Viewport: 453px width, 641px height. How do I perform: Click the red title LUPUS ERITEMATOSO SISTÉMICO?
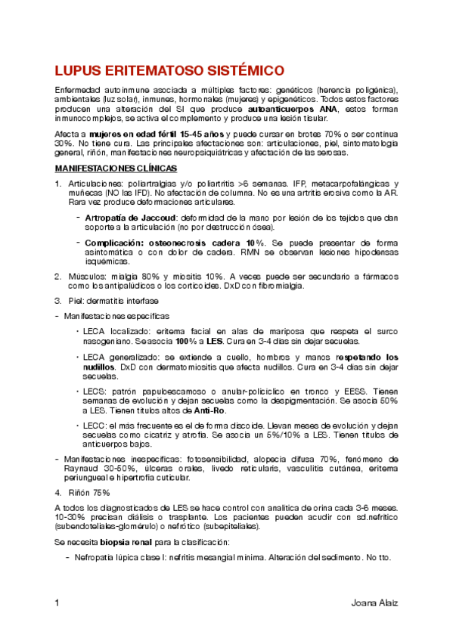pyautogui.click(x=169, y=71)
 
